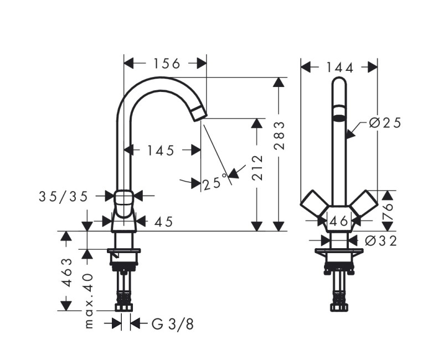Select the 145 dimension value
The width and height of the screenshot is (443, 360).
point(161,150)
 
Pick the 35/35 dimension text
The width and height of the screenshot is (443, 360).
point(63,196)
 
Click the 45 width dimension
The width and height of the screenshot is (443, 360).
point(162,222)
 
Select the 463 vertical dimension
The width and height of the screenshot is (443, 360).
point(66,271)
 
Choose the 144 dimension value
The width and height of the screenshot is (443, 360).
point(339,67)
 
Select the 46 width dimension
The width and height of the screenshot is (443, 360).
point(338,222)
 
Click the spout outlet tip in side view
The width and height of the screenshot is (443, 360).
point(199,114)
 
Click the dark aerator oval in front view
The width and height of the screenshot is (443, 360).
point(339,117)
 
